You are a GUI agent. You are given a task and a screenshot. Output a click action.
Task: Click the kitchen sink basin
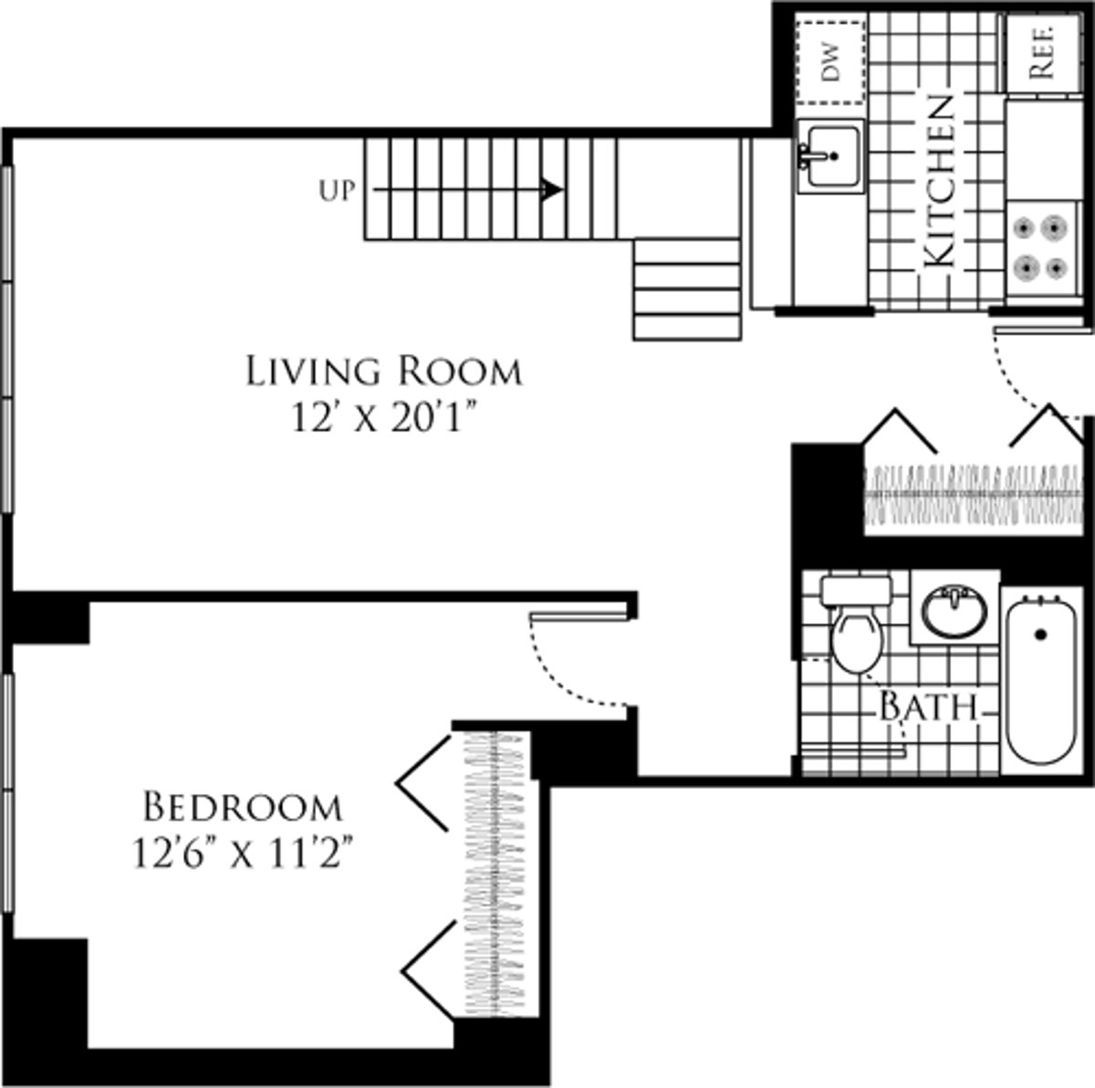[830, 155]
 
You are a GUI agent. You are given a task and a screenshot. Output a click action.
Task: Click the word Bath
[928, 707]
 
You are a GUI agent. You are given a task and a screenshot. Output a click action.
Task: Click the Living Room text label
[384, 371]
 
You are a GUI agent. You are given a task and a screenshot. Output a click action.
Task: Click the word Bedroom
[244, 807]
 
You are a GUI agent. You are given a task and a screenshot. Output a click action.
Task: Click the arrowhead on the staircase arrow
[551, 189]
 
